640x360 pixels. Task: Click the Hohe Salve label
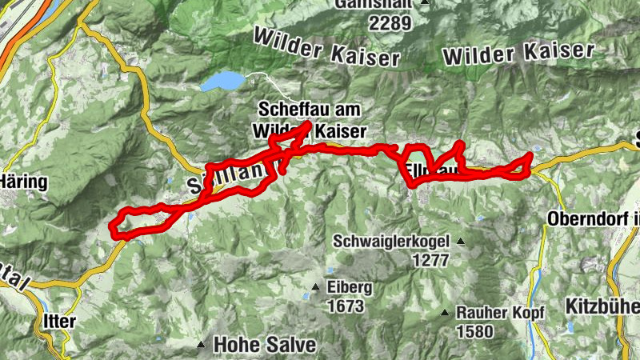pos(265,346)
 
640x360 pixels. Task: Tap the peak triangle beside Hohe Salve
pos(200,346)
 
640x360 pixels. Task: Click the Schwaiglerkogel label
pos(394,241)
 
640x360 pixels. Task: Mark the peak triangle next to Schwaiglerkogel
pos(461,241)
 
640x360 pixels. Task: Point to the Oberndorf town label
pos(593,218)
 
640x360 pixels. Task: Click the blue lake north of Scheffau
pos(222,82)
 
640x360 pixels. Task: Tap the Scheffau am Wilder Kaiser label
pos(310,118)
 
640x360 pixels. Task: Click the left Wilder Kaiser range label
pos(325,48)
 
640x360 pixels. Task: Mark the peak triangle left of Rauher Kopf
pos(445,312)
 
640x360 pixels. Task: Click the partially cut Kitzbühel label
pos(602,306)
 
